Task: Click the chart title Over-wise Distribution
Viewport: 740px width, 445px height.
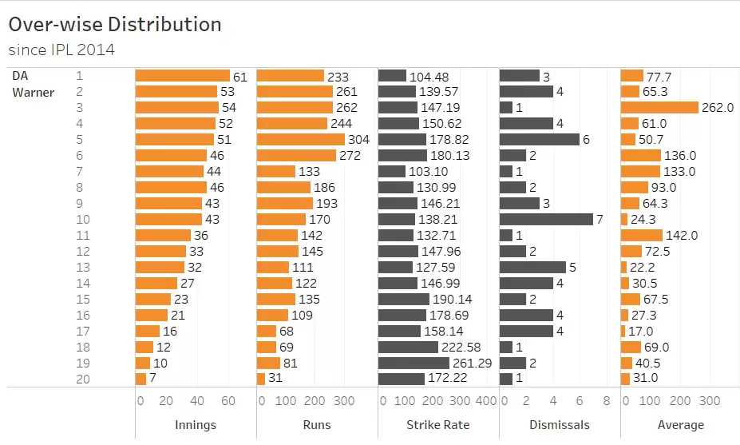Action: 115,25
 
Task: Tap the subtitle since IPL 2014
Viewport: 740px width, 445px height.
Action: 61,50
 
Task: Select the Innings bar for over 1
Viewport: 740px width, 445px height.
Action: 182,76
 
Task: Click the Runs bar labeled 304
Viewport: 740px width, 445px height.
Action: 300,139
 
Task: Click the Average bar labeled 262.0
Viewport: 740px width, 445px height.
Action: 659,107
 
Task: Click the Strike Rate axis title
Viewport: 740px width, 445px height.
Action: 437,425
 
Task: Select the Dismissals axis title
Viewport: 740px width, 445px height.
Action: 559,425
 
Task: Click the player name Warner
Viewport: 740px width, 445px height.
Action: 33,92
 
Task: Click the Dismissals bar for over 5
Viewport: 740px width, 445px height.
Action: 540,139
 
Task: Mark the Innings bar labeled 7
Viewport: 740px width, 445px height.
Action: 140,379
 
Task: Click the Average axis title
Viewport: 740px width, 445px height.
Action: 680,425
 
